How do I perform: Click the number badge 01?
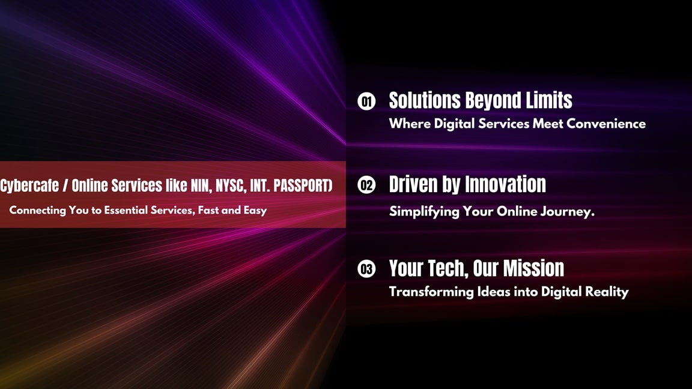366,101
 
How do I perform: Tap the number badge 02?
366,185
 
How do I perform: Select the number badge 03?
366,269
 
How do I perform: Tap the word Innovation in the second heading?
506,184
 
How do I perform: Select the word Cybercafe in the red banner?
29,186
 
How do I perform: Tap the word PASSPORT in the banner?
303,186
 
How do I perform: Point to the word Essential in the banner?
130,211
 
